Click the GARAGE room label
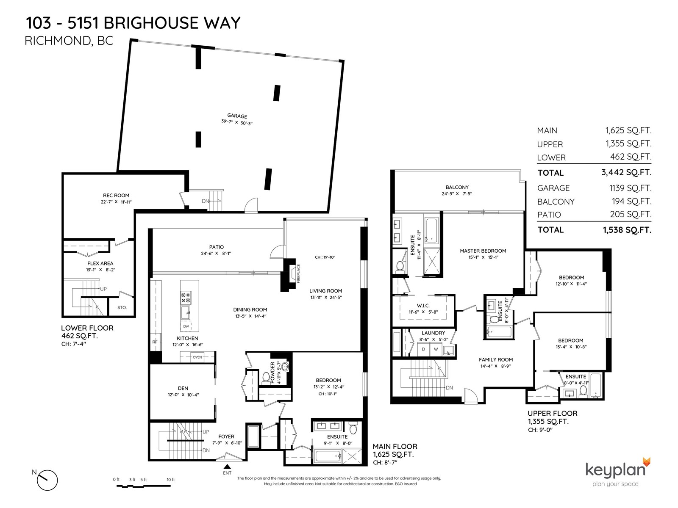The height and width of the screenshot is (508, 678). pos(237,116)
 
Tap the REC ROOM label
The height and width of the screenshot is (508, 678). pos(116,195)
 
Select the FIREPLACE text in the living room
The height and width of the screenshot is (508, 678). pos(298,273)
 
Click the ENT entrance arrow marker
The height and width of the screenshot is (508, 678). pos(227,467)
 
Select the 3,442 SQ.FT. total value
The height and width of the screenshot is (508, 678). pos(626,172)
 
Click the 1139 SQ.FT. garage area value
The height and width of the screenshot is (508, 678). pos(630,188)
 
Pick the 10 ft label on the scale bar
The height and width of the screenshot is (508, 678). pos(170,480)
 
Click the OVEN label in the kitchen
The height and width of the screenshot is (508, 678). pos(197,357)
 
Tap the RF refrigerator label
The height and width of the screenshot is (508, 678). pos(155,342)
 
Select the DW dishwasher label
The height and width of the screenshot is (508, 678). pos(186,326)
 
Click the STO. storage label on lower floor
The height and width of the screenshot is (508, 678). pos(122,307)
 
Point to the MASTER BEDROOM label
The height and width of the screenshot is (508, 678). pos(483,251)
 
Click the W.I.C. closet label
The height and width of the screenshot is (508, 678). pos(423,305)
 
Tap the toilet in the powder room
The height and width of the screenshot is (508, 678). pos(266,378)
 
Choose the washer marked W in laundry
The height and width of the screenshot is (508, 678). pos(436,350)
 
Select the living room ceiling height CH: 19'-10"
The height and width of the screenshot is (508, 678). pos(325,257)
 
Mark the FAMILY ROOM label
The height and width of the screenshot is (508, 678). pos(496,359)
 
